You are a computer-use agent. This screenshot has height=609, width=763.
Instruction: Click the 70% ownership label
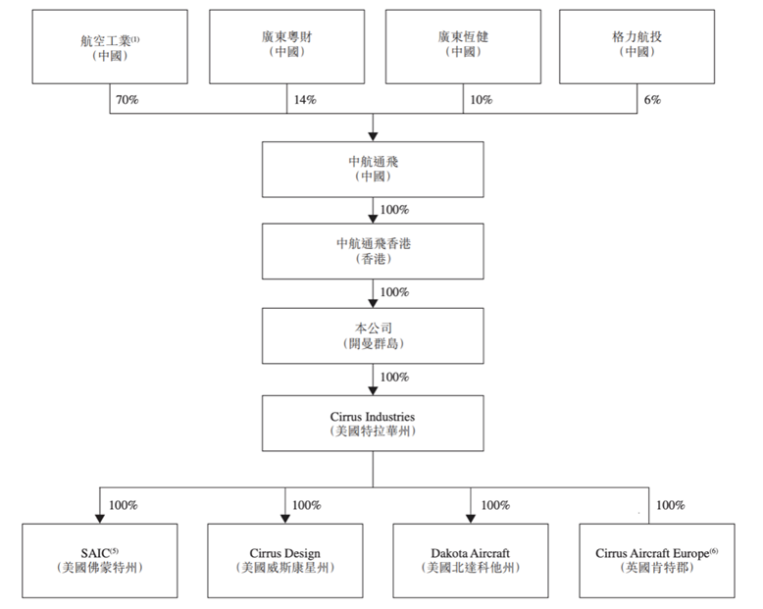pyautogui.click(x=127, y=100)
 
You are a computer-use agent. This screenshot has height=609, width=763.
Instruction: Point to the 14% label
pyautogui.click(x=304, y=100)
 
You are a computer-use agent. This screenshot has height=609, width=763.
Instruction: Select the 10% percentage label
pyautogui.click(x=481, y=100)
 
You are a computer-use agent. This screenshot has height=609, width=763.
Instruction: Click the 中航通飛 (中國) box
pyautogui.click(x=372, y=169)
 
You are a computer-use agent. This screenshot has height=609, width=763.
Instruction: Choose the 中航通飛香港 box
pyautogui.click(x=372, y=251)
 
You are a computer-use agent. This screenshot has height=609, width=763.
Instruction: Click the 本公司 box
pyautogui.click(x=372, y=334)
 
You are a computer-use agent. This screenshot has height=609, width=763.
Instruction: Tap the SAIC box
pyautogui.click(x=99, y=560)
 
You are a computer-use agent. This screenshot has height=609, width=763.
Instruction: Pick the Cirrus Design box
pyautogui.click(x=284, y=560)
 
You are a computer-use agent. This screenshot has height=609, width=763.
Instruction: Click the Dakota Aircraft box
pyautogui.click(x=471, y=560)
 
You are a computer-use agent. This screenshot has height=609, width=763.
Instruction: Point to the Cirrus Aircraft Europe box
pyautogui.click(x=656, y=560)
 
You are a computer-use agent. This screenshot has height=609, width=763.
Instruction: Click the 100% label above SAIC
pyautogui.click(x=124, y=505)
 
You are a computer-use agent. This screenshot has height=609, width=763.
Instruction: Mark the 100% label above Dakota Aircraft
pyautogui.click(x=495, y=505)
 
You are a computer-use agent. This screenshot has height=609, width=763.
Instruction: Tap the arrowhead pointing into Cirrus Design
pyautogui.click(x=284, y=518)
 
